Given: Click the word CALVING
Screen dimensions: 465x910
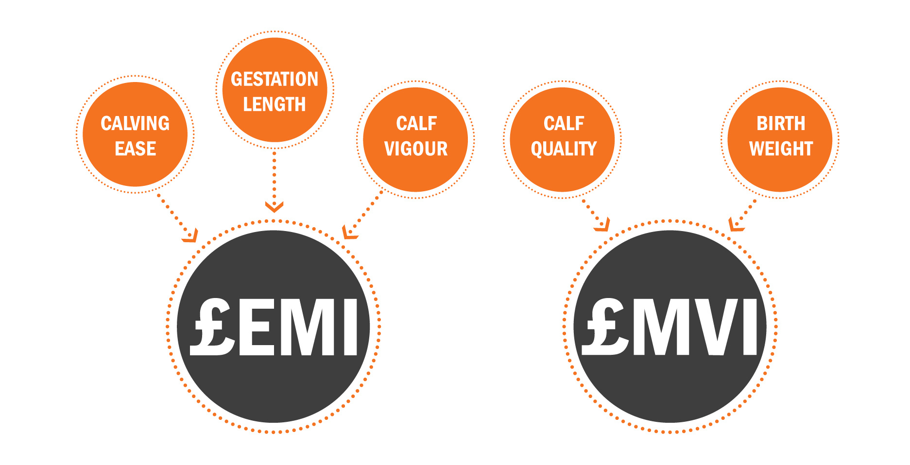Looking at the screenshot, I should click(135, 123).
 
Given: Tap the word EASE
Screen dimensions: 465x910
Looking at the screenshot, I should click(135, 149).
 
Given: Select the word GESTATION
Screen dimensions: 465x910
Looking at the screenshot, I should click(275, 79).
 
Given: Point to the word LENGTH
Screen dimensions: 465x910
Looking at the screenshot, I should click(275, 104).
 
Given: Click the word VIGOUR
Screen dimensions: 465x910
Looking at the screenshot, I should click(416, 149).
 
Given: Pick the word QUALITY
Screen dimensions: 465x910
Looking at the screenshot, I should click(564, 149).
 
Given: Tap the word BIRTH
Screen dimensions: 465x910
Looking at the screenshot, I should click(781, 123).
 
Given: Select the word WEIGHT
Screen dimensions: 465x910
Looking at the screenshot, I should click(781, 149).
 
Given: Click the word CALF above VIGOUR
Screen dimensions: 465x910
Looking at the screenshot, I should click(416, 123).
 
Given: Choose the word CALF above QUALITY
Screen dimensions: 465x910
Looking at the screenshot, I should click(564, 123).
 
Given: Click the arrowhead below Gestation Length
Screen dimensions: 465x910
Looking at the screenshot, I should click(274, 207).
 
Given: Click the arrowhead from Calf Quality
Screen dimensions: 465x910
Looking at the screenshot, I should click(603, 225).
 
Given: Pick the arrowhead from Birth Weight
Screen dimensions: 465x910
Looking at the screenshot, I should click(736, 225).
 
